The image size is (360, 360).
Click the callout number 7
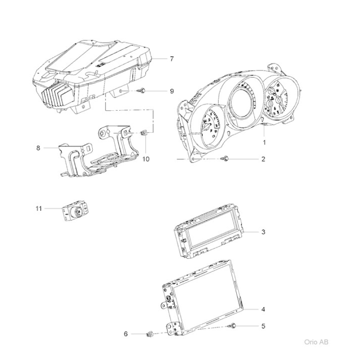pos(172,59)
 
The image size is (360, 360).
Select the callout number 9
pos(172,91)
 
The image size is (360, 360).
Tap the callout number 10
pos(146,159)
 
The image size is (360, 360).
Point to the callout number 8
pos(38,148)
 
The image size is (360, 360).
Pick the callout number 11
pos(39,208)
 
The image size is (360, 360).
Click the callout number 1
pos(264,142)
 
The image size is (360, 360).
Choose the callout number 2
pos(263,159)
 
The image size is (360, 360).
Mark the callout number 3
pos(263,232)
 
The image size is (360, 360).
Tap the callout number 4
pos(263,309)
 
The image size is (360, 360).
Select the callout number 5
pos(263,326)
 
